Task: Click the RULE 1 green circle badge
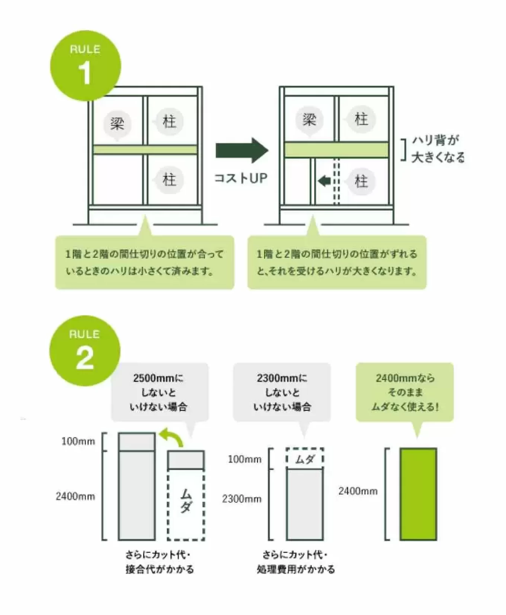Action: [86, 65]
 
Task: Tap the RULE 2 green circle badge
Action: [85, 350]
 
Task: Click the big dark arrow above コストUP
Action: [241, 150]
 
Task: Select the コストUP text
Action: [241, 178]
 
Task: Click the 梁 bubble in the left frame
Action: [117, 123]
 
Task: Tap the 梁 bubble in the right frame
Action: [309, 120]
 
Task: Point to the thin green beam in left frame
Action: [145, 149]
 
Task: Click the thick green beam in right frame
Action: [336, 149]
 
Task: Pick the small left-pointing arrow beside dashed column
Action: [324, 181]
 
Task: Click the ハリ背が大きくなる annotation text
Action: [438, 149]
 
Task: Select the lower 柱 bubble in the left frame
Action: [169, 180]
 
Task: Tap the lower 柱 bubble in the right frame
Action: [361, 181]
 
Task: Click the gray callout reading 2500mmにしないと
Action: [160, 392]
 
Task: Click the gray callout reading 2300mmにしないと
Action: [282, 392]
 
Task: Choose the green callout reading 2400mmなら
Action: [405, 392]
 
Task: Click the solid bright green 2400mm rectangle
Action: [418, 494]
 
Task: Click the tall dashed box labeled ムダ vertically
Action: [186, 504]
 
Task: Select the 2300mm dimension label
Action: [242, 499]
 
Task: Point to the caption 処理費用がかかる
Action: [295, 569]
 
